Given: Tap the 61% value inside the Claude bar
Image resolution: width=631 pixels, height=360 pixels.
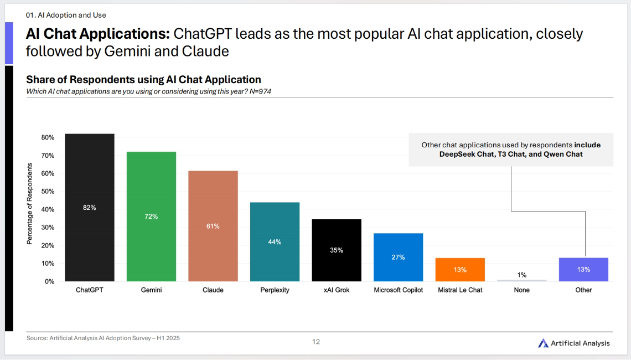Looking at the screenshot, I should pyautogui.click(x=213, y=226).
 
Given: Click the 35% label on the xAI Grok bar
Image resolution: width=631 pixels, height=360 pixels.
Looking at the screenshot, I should pyautogui.click(x=337, y=250).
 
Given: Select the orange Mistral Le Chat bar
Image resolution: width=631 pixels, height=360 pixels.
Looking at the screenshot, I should pyautogui.click(x=460, y=270).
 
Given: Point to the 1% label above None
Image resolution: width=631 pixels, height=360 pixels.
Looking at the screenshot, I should pyautogui.click(x=521, y=275).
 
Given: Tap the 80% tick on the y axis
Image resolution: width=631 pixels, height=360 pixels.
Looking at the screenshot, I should pyautogui.click(x=48, y=137).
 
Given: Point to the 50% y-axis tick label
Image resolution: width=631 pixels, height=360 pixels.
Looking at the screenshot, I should pyautogui.click(x=48, y=192).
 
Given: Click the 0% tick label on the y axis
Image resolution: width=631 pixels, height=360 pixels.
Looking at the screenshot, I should pyautogui.click(x=49, y=281).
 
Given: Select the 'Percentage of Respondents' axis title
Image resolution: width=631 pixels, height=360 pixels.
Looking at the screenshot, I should pyautogui.click(x=31, y=204).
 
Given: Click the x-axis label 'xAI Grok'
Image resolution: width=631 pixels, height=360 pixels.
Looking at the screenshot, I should pyautogui.click(x=337, y=290).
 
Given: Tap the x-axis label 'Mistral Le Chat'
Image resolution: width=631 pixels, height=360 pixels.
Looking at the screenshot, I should pyautogui.click(x=460, y=290).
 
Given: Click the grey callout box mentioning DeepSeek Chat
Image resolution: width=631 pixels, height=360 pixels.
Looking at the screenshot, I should pyautogui.click(x=511, y=150).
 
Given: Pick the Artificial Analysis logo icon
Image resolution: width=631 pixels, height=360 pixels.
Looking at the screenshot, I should pyautogui.click(x=543, y=343).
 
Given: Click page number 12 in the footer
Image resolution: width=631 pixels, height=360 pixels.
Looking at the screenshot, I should pyautogui.click(x=316, y=342).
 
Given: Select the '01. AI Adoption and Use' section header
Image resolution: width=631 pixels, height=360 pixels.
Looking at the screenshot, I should pyautogui.click(x=66, y=15).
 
